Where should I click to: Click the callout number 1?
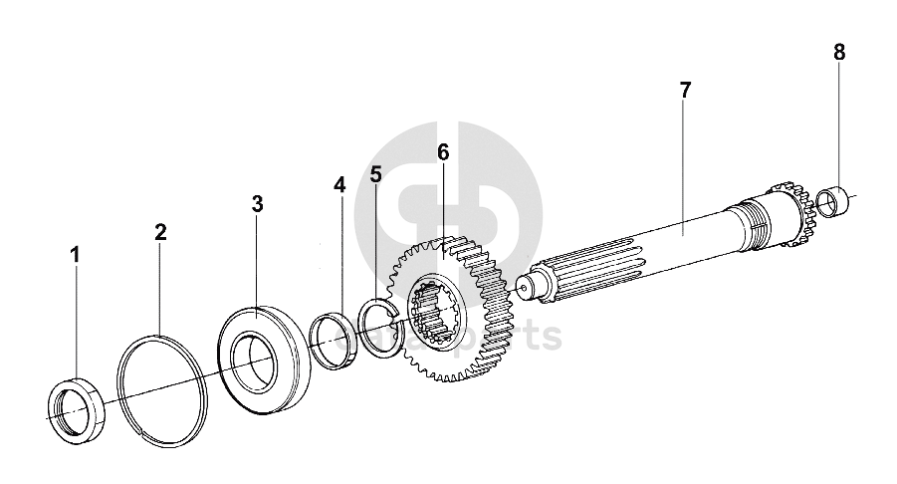(74, 256)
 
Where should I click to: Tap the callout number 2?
(160, 232)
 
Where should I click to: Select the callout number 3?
(257, 205)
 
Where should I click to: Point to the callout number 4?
(339, 185)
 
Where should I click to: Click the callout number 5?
(375, 174)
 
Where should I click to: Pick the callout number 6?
(443, 152)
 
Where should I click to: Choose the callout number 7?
(684, 90)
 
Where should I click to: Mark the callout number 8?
(839, 52)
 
